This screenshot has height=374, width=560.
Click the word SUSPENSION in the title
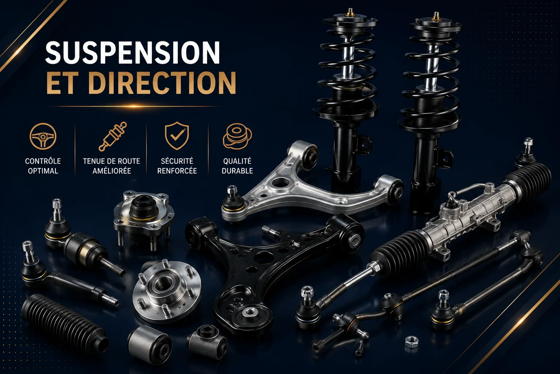point(132,53)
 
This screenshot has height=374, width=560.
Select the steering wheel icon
point(43,136)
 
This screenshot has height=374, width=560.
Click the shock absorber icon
point(113,136)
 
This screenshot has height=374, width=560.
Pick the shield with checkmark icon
point(177,136)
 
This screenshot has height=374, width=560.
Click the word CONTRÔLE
point(43,161)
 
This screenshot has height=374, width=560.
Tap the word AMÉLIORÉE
point(112,171)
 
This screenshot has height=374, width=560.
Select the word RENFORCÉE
point(177,171)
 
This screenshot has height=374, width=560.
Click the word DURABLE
point(237,171)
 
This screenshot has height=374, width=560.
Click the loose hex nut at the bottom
point(412,342)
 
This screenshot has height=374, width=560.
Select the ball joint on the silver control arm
point(233,201)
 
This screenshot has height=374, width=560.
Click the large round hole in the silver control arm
point(280,182)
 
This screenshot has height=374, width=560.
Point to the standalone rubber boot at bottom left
point(65,323)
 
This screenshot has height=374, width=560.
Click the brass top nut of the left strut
point(350,12)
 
